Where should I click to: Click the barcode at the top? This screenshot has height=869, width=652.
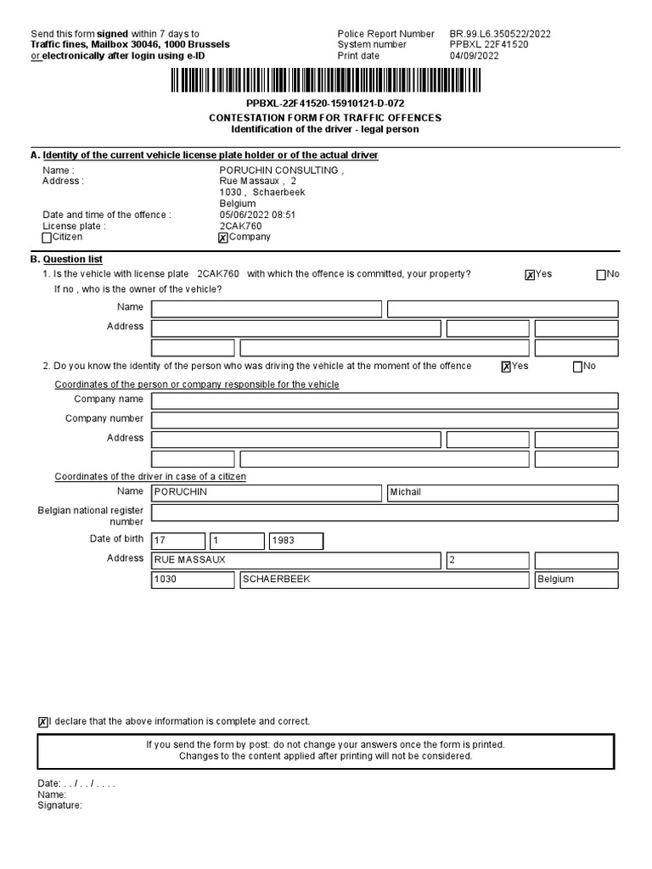(325, 81)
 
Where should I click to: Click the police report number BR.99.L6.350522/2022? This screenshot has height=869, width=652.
(500, 34)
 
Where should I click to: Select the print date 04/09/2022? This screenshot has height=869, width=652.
(475, 56)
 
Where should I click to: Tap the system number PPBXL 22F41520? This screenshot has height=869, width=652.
(488, 45)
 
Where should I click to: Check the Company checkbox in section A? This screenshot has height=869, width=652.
(223, 238)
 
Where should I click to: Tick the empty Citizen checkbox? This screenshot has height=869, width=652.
(47, 238)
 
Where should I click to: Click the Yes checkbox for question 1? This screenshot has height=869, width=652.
(530, 275)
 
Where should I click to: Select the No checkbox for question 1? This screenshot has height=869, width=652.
(602, 275)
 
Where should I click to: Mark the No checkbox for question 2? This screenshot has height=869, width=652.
(578, 367)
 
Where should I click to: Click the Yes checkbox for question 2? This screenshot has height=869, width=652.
(506, 367)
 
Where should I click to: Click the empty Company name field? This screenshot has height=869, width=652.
(385, 401)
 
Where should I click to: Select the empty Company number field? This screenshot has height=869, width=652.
(385, 419)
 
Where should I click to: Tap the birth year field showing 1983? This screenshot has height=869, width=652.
(295, 541)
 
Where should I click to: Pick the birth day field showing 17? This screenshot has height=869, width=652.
(178, 541)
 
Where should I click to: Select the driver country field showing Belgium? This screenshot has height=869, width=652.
(576, 580)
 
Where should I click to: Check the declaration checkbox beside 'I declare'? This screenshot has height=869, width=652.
(43, 722)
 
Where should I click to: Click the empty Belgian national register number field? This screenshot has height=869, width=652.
(385, 513)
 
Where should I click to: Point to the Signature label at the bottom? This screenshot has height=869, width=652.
(59, 805)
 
